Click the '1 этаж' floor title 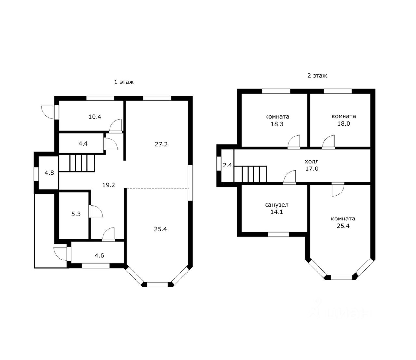point(124,82)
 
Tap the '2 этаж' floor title point(317,76)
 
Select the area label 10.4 point(95,117)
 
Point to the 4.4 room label point(83,144)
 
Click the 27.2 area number point(161,144)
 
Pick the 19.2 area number point(109,185)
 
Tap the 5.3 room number point(76,214)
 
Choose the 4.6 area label point(99,256)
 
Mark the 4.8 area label point(49,173)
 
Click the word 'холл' point(312,162)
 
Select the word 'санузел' point(277,205)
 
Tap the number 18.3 point(277,124)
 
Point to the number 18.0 point(344,124)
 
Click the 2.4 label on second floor point(227,165)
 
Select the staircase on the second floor point(250,174)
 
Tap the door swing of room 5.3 point(96,211)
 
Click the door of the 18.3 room point(294,141)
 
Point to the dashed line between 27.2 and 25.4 point(158,188)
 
